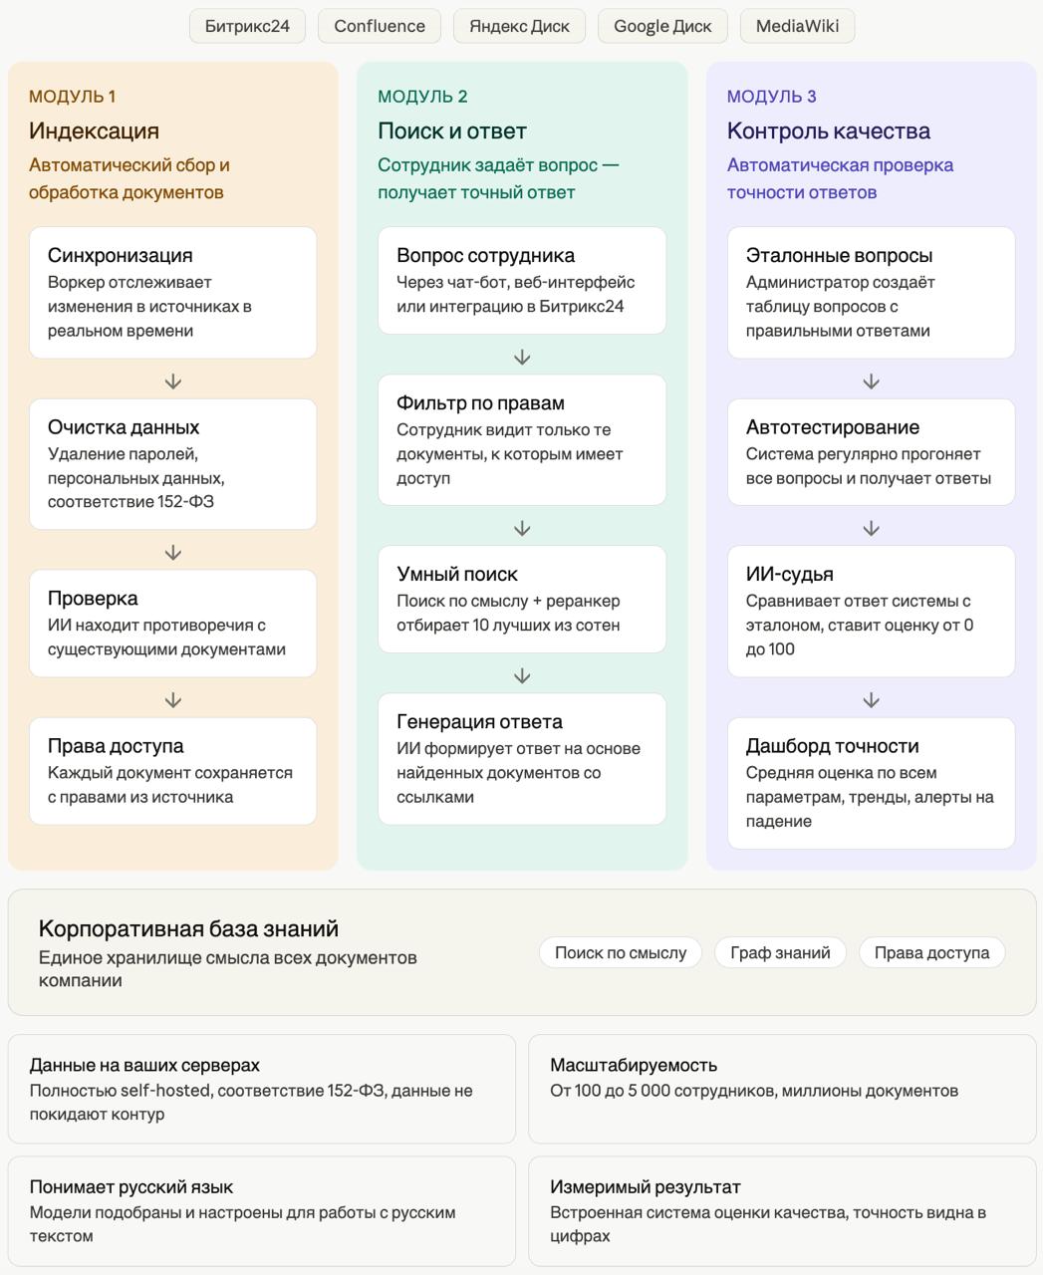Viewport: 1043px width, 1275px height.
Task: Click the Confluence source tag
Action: (x=380, y=26)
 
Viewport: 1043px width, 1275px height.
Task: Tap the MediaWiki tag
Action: (x=797, y=26)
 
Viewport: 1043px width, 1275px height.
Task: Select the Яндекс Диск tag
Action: (x=519, y=26)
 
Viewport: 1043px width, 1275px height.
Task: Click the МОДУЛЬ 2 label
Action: (x=422, y=97)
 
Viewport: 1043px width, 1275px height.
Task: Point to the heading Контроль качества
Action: (x=828, y=130)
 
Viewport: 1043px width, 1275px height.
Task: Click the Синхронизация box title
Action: (x=120, y=255)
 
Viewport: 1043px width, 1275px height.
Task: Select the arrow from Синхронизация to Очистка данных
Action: (x=173, y=382)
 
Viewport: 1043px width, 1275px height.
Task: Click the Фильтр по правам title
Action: (x=480, y=402)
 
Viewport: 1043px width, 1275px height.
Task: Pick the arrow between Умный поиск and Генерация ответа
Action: (x=522, y=676)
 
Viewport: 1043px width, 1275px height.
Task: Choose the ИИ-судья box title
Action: (x=789, y=574)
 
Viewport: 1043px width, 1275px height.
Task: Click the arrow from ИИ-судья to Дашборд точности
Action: (x=871, y=700)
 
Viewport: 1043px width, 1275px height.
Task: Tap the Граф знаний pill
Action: (x=780, y=952)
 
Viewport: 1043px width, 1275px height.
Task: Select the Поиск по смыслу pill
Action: (x=621, y=952)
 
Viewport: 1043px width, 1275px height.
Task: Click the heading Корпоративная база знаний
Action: (x=188, y=928)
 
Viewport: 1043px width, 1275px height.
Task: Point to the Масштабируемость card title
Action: (x=634, y=1065)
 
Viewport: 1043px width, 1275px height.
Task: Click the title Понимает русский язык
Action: (x=131, y=1186)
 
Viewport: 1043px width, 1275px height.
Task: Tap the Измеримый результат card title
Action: (x=645, y=1186)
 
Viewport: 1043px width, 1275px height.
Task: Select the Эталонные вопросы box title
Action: (x=839, y=255)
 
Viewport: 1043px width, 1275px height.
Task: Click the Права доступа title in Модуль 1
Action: (x=116, y=745)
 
